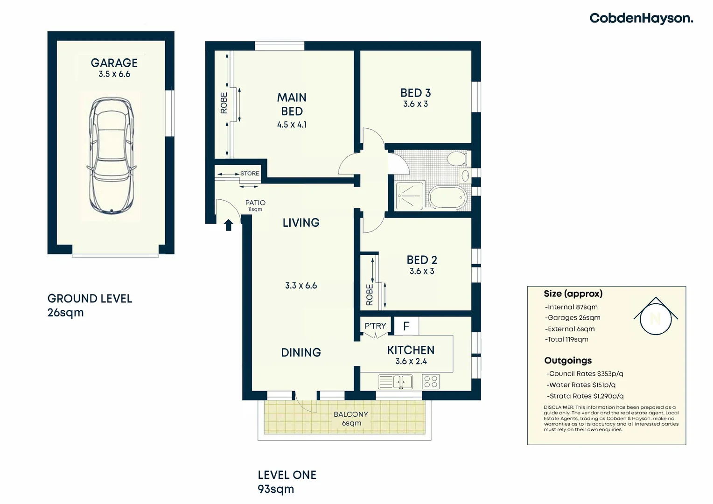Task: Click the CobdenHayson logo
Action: tap(641, 18)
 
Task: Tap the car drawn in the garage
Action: tap(112, 155)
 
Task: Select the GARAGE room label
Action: tap(114, 63)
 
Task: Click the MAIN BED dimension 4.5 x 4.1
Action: tap(292, 125)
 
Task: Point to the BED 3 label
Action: tap(415, 93)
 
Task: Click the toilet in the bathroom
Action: tap(456, 158)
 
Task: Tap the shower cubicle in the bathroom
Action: tap(410, 196)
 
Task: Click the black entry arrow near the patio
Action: tap(228, 225)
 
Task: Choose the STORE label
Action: tap(250, 173)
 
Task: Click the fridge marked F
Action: tap(406, 326)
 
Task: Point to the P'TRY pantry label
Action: tap(375, 326)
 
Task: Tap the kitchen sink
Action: tap(396, 382)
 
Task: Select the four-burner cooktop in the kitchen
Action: tap(430, 382)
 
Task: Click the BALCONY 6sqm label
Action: tap(351, 419)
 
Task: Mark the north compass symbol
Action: tap(655, 317)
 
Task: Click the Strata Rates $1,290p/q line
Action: tap(585, 396)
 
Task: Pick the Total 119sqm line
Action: tap(567, 339)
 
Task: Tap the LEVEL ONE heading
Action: tap(287, 475)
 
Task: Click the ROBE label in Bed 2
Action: tap(370, 295)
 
